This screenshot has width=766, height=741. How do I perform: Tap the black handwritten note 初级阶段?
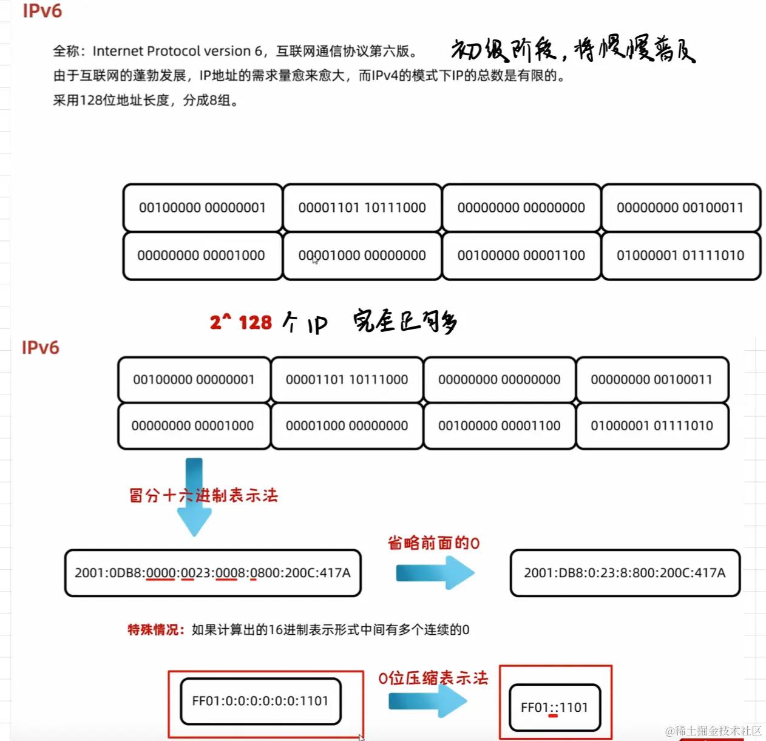(504, 50)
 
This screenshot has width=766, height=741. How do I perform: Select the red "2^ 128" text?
(241, 322)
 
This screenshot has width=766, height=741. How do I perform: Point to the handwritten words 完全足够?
(405, 321)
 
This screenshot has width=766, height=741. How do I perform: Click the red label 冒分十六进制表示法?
(203, 495)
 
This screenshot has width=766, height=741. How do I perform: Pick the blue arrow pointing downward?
(194, 498)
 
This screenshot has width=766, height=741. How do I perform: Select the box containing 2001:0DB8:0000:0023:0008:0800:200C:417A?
(212, 573)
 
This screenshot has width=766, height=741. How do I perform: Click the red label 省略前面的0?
(433, 543)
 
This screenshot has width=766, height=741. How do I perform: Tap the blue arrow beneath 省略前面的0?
(435, 573)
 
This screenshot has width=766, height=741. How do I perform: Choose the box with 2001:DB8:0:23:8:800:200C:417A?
(625, 573)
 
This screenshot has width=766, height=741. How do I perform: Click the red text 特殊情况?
(155, 629)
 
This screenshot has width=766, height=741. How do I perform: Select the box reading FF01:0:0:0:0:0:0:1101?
(260, 701)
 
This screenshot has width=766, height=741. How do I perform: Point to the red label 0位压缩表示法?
(433, 678)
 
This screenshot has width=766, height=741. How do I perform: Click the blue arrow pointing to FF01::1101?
(427, 702)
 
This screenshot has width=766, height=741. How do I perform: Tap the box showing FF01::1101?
(554, 707)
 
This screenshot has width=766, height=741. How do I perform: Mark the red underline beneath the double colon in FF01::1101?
(552, 716)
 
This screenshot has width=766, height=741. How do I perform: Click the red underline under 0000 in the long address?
(160, 580)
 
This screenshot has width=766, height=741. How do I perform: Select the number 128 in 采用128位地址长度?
(91, 100)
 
